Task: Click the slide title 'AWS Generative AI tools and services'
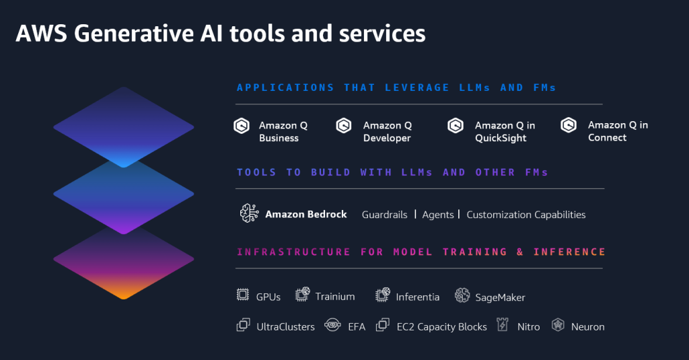[x=220, y=34]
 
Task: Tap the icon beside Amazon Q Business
[x=242, y=125]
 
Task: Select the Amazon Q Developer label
[x=387, y=132]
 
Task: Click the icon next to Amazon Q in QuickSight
[x=456, y=125]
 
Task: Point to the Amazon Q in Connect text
[x=618, y=131]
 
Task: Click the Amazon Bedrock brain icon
[x=249, y=213]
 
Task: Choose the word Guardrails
[x=385, y=215]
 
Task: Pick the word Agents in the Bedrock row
[x=438, y=215]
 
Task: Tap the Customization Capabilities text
[x=526, y=215]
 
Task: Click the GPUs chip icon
[x=243, y=295]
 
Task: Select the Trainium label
[x=335, y=297]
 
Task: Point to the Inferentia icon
[x=382, y=295]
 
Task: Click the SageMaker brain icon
[x=462, y=295]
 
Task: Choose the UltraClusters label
[x=285, y=327]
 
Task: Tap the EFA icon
[x=331, y=326]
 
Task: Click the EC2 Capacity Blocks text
[x=441, y=327]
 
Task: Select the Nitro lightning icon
[x=501, y=325]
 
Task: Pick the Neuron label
[x=587, y=327]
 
